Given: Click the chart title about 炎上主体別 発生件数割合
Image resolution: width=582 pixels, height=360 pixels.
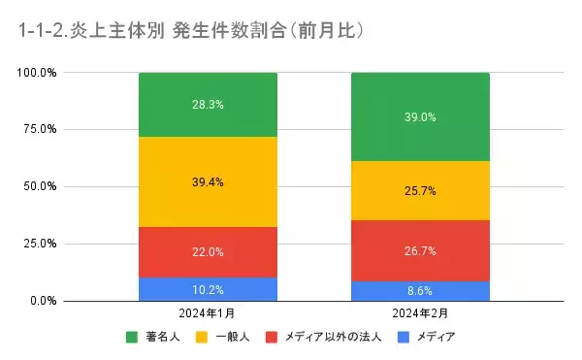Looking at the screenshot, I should pos(191,31).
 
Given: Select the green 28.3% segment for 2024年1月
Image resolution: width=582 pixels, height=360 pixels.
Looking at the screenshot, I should pos(208,105).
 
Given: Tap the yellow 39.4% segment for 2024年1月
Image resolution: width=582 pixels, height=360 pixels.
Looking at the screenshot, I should pos(208,181).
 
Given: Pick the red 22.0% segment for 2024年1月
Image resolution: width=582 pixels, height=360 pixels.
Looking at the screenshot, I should pos(208,251).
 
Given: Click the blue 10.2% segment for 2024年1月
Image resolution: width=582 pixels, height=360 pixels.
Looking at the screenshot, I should pos(208,288).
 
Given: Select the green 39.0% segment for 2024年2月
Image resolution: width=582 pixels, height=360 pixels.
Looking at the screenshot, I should pos(420,116).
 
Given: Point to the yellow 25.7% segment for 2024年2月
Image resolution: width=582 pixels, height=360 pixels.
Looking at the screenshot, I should pos(420,190).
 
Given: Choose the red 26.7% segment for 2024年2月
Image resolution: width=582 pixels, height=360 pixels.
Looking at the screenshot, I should pos(420,250).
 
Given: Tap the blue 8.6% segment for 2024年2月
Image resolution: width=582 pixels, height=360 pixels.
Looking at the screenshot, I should pos(420,290).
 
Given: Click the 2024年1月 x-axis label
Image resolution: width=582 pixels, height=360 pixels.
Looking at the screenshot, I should pos(208,314).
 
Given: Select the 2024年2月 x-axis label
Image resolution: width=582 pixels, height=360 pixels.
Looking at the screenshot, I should pos(420,314).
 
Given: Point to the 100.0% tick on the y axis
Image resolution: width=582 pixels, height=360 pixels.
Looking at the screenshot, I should pos(37,73).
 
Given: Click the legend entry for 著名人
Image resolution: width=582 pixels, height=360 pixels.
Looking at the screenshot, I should pos(160,337).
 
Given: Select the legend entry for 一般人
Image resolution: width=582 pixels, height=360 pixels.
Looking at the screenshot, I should pos(230,337).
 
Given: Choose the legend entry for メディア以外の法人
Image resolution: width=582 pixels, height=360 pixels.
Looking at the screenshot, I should pos(326,337).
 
